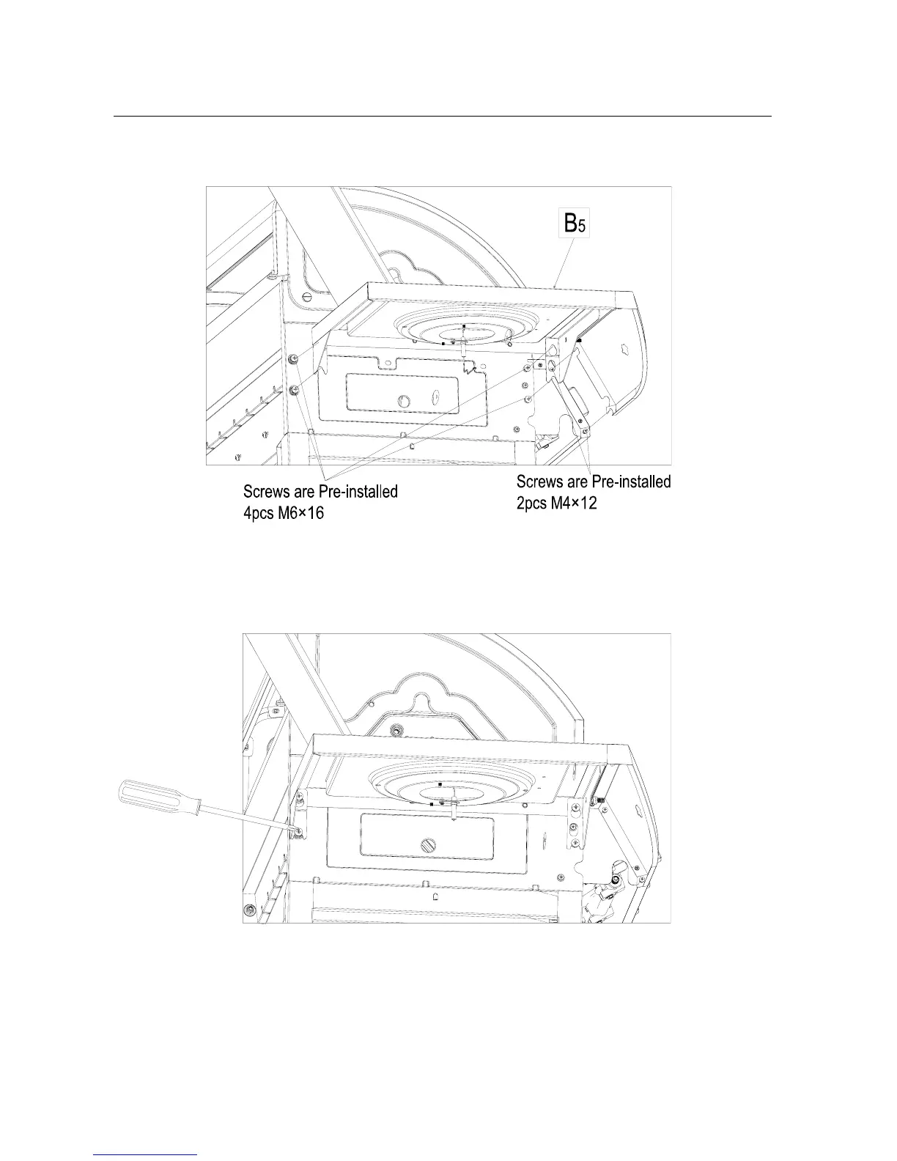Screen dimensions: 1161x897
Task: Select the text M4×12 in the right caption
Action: click(571, 504)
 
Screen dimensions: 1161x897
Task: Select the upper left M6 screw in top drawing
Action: click(293, 359)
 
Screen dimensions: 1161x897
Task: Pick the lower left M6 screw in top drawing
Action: click(293, 389)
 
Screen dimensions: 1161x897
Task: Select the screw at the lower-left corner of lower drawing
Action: click(251, 909)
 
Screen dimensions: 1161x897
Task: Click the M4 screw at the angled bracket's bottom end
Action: click(585, 432)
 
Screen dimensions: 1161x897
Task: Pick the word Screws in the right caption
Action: click(539, 482)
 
